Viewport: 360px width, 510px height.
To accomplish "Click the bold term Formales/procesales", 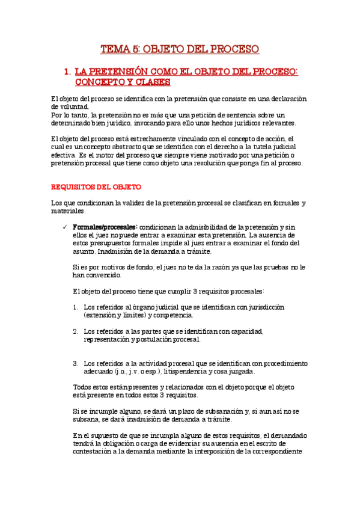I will pyautogui.click(x=105, y=227).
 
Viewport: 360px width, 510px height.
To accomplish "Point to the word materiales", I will pyautogui.click(x=69, y=211).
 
